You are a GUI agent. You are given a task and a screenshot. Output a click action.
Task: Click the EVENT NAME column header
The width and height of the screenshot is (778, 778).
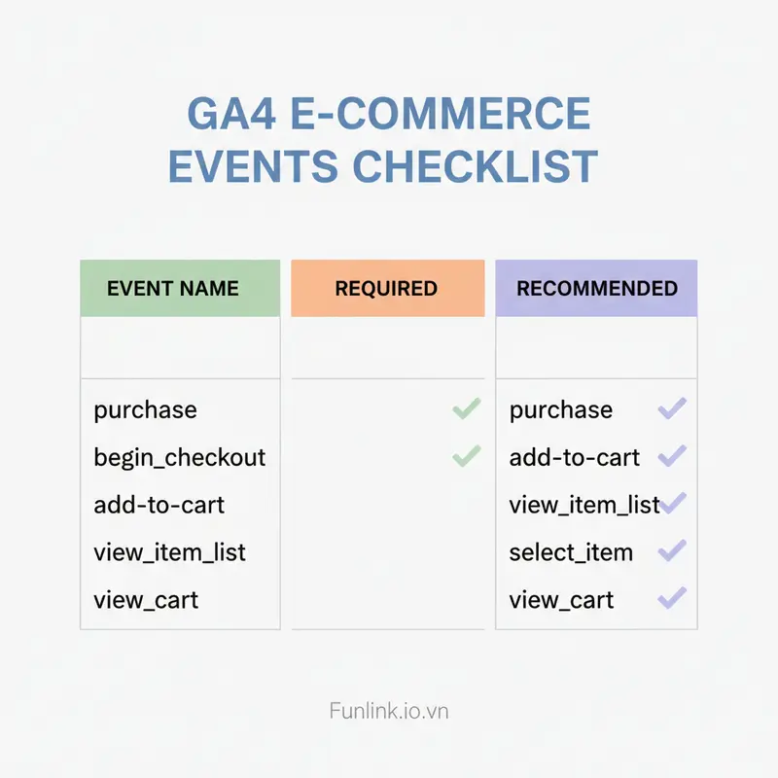click(172, 289)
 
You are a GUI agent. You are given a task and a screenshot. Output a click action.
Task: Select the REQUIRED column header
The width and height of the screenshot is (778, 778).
click(386, 289)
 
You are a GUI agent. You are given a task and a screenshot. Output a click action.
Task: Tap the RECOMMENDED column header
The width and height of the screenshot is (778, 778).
click(596, 289)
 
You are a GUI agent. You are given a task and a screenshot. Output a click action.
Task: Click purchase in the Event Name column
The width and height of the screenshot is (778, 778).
click(145, 410)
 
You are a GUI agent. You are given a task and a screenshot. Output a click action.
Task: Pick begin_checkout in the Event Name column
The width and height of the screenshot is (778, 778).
click(179, 457)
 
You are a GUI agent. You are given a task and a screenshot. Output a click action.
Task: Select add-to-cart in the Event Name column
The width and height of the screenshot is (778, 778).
click(159, 505)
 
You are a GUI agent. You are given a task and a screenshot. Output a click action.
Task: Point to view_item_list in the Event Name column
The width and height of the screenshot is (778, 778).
click(169, 552)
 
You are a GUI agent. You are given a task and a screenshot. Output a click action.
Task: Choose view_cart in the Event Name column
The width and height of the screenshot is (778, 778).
click(146, 600)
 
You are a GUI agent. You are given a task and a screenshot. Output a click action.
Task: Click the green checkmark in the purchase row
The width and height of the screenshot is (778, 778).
click(467, 409)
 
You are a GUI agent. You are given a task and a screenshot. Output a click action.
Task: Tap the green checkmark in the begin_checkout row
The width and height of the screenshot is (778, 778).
click(467, 456)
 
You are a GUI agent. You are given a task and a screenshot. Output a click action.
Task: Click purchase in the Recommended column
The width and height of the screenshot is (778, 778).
click(561, 410)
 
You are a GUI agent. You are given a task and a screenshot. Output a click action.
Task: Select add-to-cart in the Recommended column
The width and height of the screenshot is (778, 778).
click(575, 457)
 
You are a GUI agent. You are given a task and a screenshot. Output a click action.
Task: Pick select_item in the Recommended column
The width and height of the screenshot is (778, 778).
click(571, 552)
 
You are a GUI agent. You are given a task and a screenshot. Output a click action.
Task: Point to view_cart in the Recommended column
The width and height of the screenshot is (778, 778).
click(561, 600)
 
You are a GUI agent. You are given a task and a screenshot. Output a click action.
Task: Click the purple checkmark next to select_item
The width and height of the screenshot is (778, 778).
click(672, 551)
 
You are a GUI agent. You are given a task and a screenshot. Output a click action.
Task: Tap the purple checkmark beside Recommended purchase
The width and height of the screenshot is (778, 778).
click(672, 408)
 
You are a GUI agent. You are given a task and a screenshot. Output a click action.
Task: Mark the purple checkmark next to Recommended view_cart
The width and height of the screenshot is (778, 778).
click(672, 598)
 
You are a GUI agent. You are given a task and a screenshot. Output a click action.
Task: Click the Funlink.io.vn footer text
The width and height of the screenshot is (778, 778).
click(388, 711)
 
